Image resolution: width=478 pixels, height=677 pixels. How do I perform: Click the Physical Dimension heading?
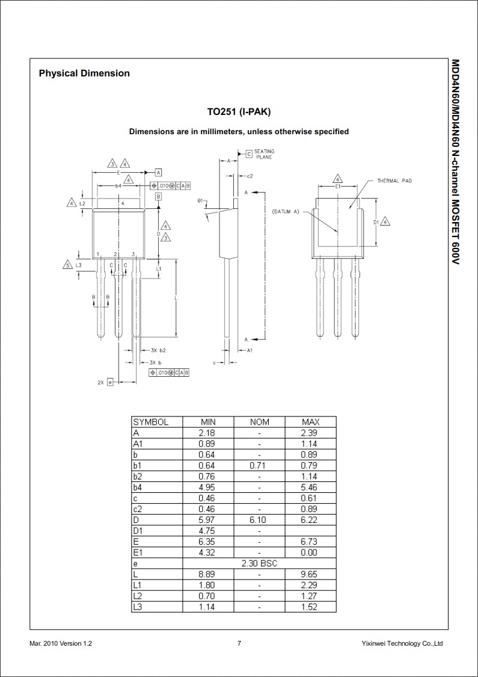tap(84, 73)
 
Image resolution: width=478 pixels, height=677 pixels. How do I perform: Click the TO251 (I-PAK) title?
tap(239, 111)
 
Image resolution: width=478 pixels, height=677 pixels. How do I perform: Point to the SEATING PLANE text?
tap(264, 154)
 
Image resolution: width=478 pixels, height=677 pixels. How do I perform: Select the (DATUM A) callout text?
tap(286, 212)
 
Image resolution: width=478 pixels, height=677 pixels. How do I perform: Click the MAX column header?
tap(310, 422)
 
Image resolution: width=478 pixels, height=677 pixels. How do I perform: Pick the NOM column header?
tap(259, 422)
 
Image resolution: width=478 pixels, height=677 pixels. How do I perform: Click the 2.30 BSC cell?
tap(259, 563)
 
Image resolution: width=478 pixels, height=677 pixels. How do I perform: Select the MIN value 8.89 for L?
tap(207, 574)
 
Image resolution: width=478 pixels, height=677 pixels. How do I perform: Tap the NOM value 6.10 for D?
tap(259, 520)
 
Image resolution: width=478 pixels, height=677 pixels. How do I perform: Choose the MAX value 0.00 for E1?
tap(310, 552)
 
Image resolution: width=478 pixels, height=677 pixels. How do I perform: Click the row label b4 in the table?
tap(138, 487)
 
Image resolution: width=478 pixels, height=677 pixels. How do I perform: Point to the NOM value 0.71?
tap(259, 465)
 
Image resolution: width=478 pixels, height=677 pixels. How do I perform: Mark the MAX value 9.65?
tap(310, 574)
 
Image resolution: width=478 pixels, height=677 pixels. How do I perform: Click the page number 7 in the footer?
tap(239, 643)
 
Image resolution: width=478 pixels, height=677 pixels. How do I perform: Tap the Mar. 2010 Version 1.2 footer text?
tap(61, 643)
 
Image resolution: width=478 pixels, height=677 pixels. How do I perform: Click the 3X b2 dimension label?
tap(158, 350)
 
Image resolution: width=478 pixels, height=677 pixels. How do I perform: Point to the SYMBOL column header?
tap(151, 422)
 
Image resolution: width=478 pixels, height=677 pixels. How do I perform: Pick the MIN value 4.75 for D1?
tap(207, 531)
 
